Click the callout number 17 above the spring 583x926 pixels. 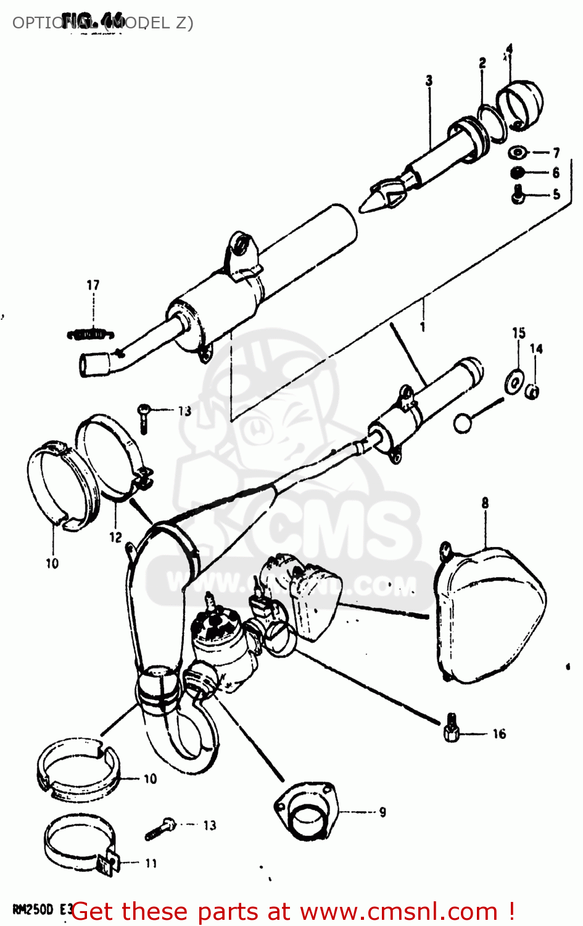93,285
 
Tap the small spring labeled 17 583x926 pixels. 91,334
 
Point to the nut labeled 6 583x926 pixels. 518,173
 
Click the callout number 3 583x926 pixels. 429,80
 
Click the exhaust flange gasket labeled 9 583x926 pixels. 306,811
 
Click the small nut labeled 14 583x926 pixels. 533,391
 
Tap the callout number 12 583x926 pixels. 115,538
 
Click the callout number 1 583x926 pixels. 423,327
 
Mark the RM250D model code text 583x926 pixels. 34,910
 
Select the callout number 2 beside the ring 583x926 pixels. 482,63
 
